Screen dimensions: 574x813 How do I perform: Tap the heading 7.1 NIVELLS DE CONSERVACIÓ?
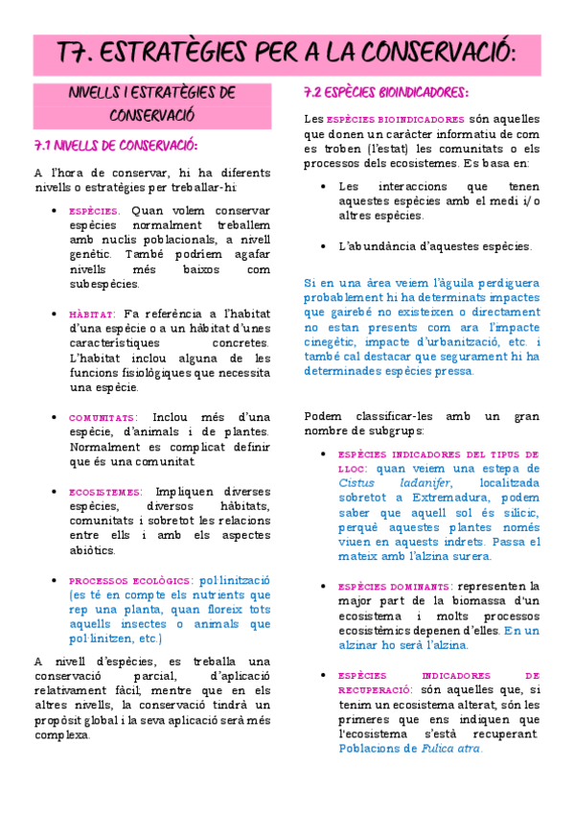pyautogui.click(x=115, y=146)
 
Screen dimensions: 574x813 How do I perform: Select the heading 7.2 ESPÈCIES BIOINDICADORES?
pyautogui.click(x=385, y=93)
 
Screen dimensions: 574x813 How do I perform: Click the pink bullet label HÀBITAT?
pyautogui.click(x=92, y=314)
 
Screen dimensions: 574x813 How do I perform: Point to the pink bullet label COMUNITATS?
pyautogui.click(x=102, y=418)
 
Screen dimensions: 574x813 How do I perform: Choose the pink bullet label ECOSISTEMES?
pyautogui.click(x=105, y=492)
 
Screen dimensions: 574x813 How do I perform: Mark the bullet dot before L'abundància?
pyautogui.click(x=323, y=246)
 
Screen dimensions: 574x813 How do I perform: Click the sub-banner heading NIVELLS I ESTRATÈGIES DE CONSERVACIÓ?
pyautogui.click(x=152, y=103)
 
